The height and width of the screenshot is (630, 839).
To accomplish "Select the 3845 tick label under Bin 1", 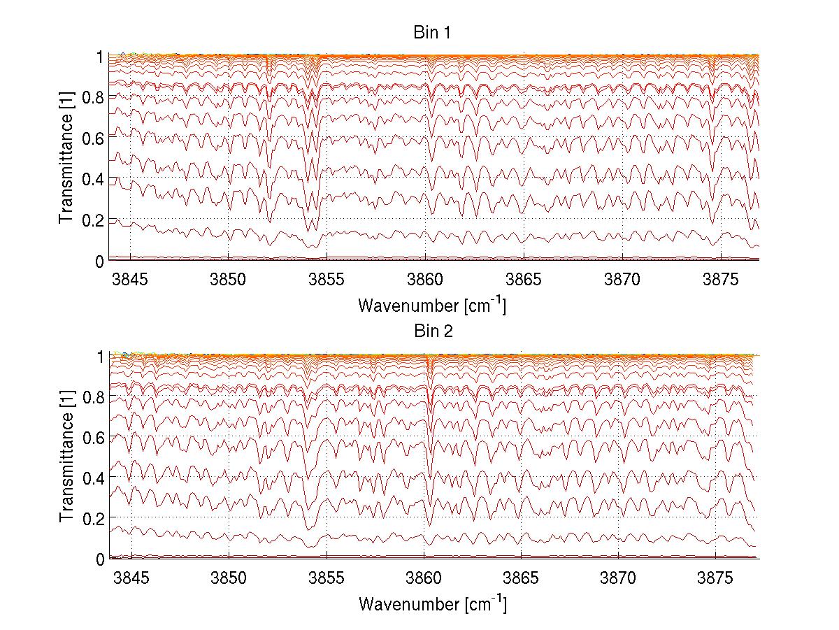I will [130, 280].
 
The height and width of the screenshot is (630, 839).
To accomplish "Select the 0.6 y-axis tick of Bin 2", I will [92, 437].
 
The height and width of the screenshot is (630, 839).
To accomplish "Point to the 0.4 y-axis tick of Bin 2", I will [92, 478].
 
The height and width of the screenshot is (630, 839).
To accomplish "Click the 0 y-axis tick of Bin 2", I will [100, 559].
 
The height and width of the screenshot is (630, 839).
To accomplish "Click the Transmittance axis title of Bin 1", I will [66, 158].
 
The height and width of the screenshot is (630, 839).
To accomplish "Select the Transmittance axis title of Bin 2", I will [66, 457].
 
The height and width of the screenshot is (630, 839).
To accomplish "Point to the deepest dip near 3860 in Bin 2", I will [429, 525].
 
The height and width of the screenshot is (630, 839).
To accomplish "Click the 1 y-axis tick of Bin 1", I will [100, 57].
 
